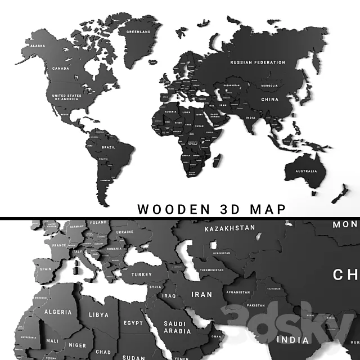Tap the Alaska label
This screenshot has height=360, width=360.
(38, 45)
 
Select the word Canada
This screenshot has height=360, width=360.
(60, 68)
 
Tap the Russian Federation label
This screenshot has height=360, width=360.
(258, 62)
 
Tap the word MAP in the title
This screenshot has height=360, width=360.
(264, 209)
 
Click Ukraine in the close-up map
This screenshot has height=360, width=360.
(124, 232)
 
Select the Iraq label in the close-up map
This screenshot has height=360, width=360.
(169, 295)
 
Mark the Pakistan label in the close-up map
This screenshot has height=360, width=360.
(255, 305)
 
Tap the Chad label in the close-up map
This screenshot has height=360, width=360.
(102, 336)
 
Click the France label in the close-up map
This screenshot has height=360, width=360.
(59, 246)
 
